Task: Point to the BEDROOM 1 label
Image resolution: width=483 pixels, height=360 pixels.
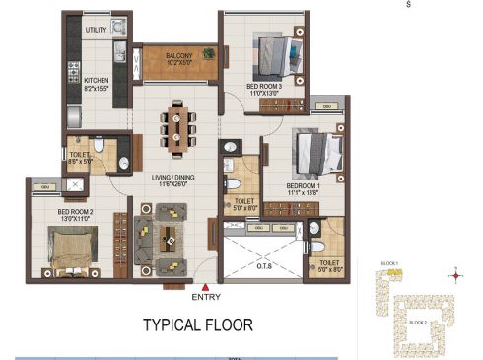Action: pyautogui.click(x=305, y=185)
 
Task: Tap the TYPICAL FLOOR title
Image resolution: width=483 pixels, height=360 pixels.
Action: pyautogui.click(x=198, y=324)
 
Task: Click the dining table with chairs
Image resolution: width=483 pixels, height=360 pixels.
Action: pyautogui.click(x=177, y=126)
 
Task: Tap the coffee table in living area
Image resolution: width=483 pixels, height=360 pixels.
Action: pyautogui.click(x=170, y=237)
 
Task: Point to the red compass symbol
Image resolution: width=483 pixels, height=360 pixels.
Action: pyautogui.click(x=455, y=275)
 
